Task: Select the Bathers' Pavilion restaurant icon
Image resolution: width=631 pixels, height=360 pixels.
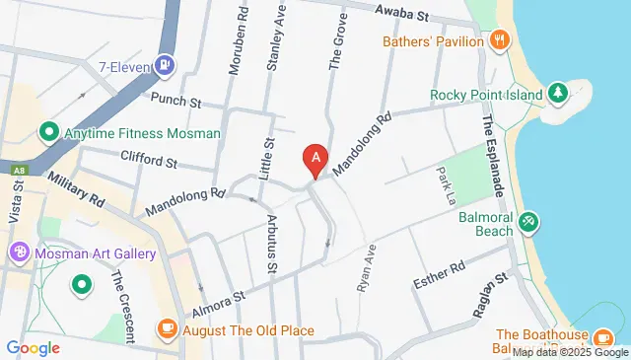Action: (x=500, y=40)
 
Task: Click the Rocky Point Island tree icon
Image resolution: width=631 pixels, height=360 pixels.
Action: (x=558, y=94)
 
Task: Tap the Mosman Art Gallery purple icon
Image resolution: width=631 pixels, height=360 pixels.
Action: (x=18, y=253)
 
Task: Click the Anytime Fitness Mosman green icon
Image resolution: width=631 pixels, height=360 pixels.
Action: (x=47, y=131)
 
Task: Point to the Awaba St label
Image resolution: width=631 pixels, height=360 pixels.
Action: (x=404, y=15)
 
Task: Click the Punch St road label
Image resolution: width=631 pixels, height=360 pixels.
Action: (x=176, y=101)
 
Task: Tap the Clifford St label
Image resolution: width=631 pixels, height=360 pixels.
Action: (x=148, y=158)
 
